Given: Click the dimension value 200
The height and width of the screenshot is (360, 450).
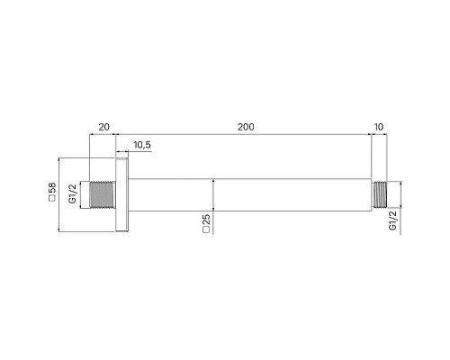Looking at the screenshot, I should pos(245,127).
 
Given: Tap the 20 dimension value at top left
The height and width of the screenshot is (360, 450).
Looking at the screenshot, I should pos(103,127).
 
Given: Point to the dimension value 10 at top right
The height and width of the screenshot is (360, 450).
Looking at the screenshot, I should pos(379,127).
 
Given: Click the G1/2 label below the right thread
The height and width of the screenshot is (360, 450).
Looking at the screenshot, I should pos(392,221).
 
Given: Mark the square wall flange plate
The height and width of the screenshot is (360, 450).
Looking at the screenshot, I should pos(123,195).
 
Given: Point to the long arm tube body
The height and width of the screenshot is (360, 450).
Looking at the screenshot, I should pos(252,195).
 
